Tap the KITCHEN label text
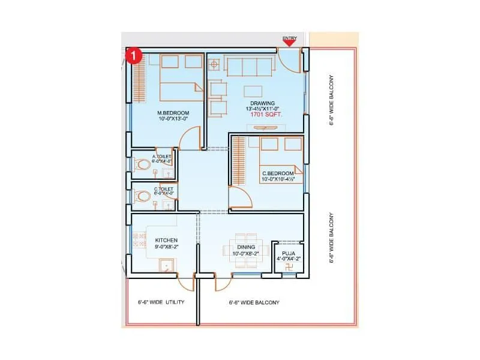click(x=166, y=240)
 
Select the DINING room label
click(x=246, y=247)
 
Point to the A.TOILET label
click(x=162, y=157)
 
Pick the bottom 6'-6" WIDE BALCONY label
click(x=254, y=302)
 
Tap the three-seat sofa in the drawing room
click(x=247, y=67)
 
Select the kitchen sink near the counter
click(x=166, y=266)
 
